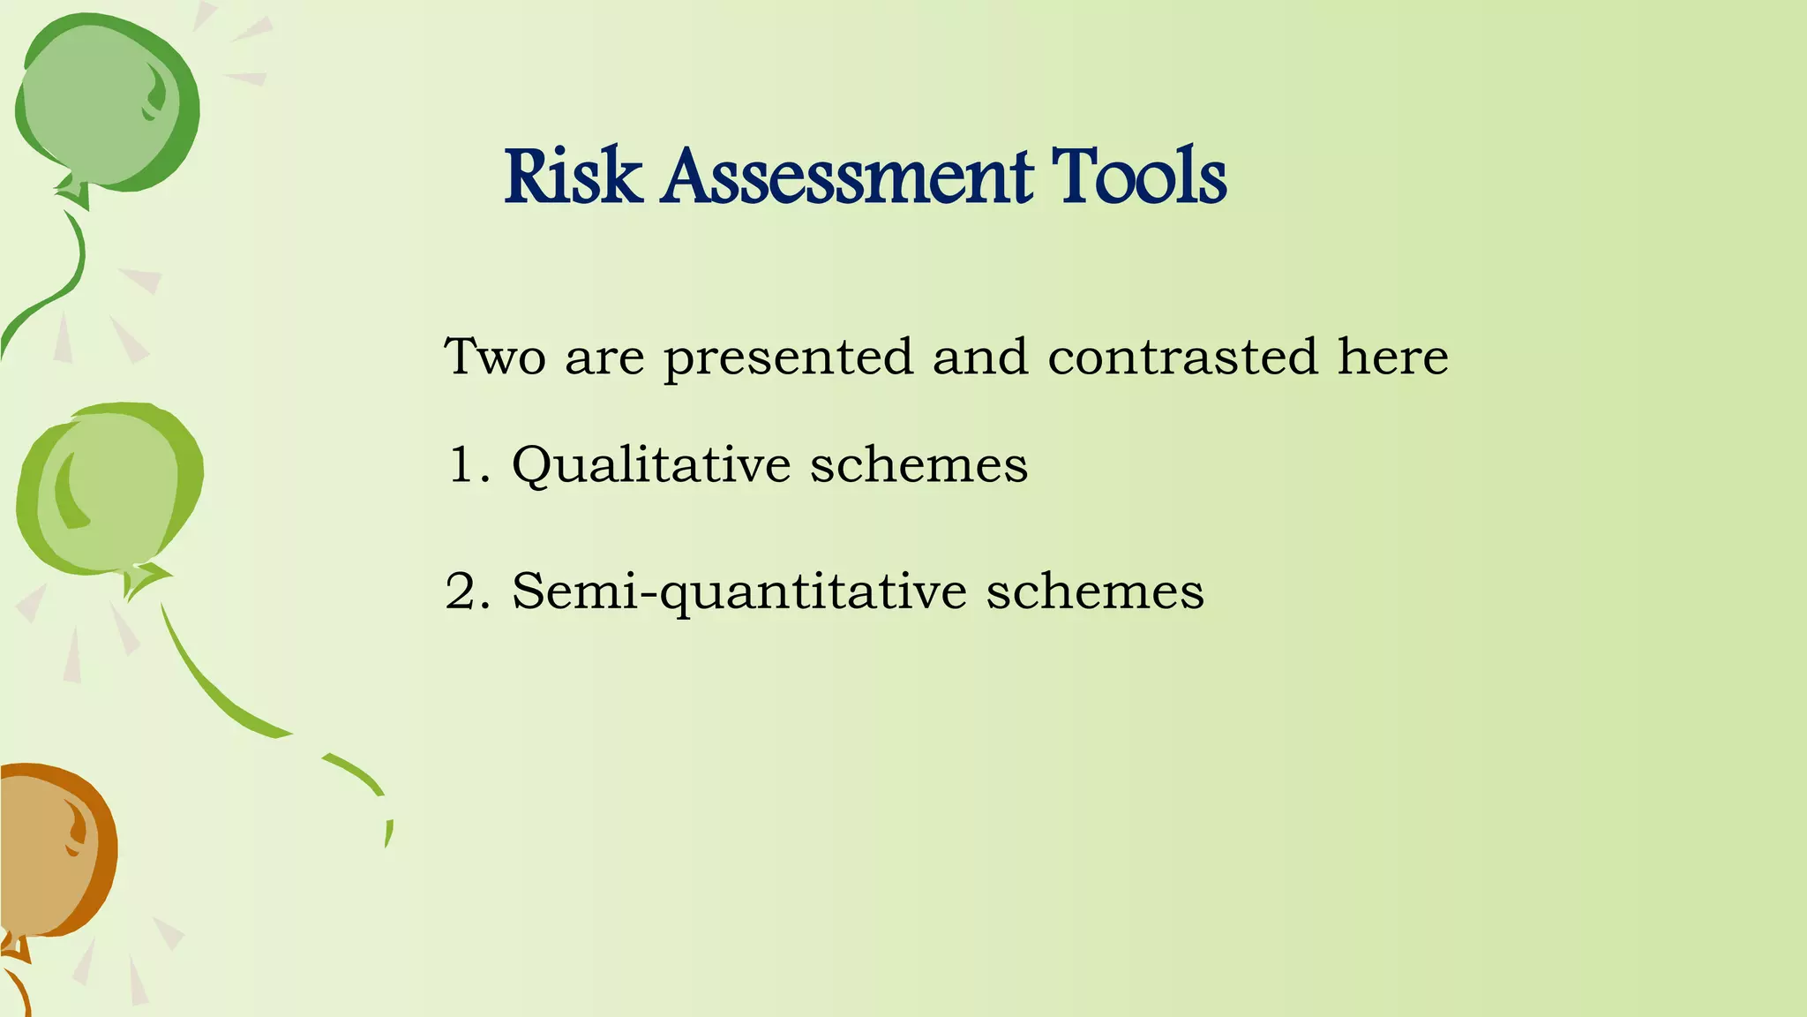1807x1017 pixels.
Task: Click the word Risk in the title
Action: tap(573, 177)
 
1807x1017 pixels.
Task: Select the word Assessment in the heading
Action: tap(847, 177)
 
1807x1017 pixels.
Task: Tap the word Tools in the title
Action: tap(1139, 177)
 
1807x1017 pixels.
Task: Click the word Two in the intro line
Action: tap(495, 357)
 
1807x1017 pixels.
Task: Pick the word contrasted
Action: tap(1182, 357)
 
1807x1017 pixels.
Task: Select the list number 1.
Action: tap(465, 464)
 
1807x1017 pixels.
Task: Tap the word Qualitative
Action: tap(651, 466)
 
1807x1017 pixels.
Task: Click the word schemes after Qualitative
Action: tap(918, 464)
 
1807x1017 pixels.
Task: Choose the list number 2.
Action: tap(465, 591)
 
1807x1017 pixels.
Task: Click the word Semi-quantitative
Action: tap(739, 592)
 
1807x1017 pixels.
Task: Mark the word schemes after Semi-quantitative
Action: tap(1094, 591)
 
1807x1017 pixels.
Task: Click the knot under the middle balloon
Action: tap(141, 579)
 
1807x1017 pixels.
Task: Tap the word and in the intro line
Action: tap(980, 357)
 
